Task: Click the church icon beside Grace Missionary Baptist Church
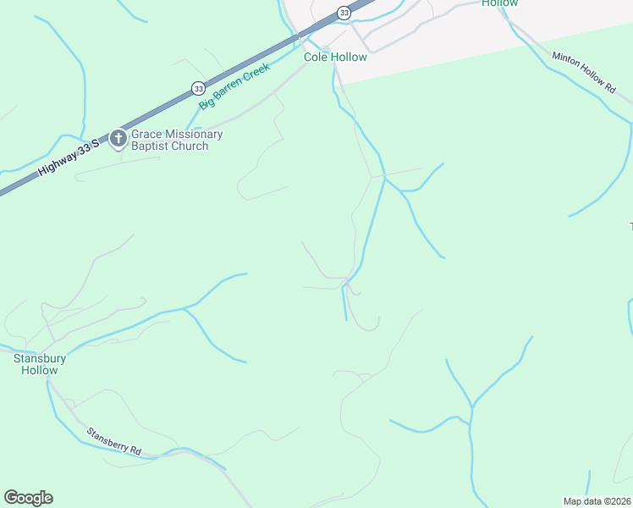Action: pyautogui.click(x=118, y=139)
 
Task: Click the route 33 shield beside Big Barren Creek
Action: pyautogui.click(x=198, y=88)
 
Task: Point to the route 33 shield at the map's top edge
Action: pyautogui.click(x=344, y=13)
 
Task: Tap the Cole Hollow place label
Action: pyautogui.click(x=336, y=58)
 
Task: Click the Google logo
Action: pyautogui.click(x=28, y=498)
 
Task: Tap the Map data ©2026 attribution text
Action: pyautogui.click(x=597, y=500)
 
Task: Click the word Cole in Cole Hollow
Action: pyautogui.click(x=316, y=58)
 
